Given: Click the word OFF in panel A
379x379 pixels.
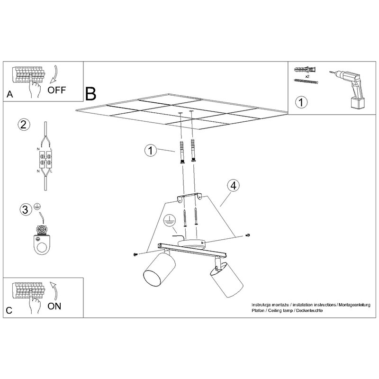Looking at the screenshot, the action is [56, 90].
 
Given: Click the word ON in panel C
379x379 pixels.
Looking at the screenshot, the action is [54, 306].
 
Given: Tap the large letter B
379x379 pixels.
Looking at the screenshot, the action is [90, 94].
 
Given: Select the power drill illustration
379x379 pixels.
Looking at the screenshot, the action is [349, 89].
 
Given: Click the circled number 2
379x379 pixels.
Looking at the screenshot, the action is [24, 125].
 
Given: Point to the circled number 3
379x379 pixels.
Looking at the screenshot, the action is [26, 209].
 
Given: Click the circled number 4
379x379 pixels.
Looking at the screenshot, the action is [233, 186].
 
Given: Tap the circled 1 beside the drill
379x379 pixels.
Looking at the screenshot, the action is [301, 102].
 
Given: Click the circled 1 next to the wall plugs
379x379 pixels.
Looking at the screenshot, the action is [151, 150].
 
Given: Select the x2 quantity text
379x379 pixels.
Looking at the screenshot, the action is [307, 76].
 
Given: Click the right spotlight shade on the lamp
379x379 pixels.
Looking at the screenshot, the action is [226, 280].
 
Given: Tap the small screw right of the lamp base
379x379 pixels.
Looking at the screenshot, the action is [247, 235].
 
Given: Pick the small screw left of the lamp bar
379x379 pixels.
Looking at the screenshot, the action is [135, 254].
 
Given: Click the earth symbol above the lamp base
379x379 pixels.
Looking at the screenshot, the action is [169, 221].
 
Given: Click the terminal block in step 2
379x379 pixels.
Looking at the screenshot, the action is [45, 159].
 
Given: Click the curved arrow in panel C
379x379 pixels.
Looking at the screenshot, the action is [54, 291].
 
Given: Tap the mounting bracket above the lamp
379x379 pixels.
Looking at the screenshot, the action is [190, 197].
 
